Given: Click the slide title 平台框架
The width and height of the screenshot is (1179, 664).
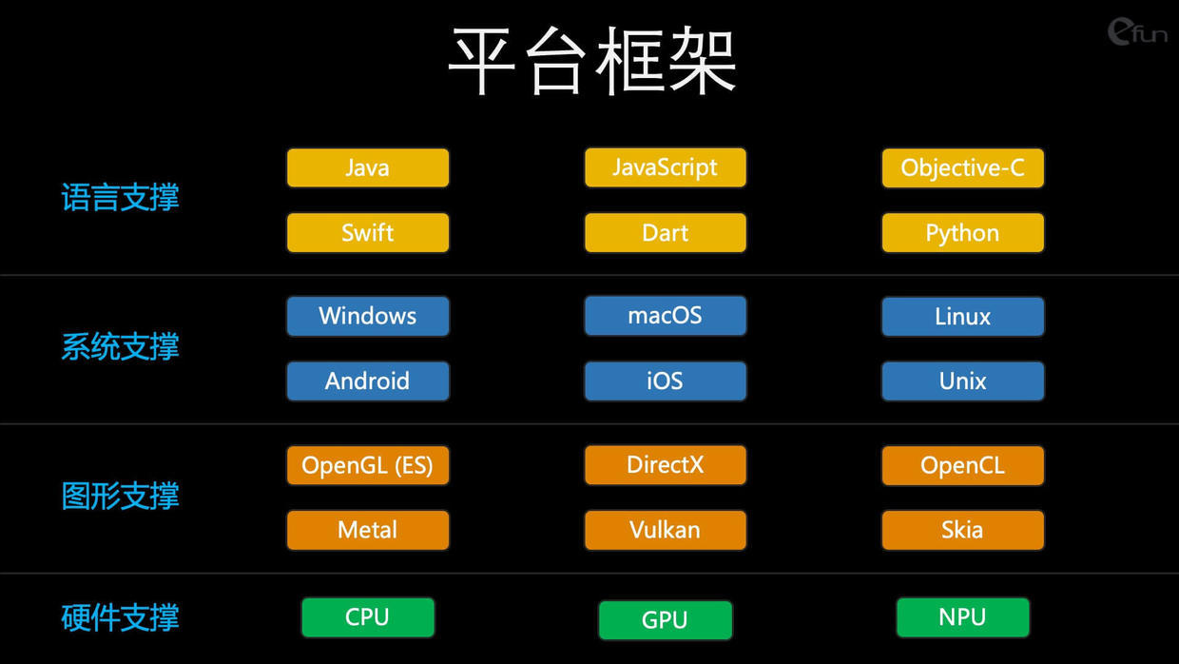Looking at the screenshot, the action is [x=591, y=61].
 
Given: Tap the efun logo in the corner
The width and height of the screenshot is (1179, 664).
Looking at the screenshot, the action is [x=1137, y=31].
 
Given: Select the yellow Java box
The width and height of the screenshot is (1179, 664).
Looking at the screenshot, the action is [x=368, y=168].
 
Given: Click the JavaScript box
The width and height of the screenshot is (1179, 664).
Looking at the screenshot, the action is [x=666, y=167].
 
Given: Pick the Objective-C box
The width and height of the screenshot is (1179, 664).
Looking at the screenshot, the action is [x=962, y=168].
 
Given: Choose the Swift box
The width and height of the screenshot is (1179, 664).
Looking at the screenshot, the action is [x=368, y=233].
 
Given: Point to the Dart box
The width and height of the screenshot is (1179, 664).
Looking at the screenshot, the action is [x=666, y=233].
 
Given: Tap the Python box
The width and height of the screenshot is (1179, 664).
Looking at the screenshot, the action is [x=962, y=233].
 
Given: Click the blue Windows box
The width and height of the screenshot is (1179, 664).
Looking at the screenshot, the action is [x=368, y=317].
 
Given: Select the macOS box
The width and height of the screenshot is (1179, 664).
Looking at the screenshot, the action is [x=666, y=316].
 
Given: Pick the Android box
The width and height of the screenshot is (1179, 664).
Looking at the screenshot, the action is [x=368, y=381].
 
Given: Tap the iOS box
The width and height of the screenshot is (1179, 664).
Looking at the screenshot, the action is [x=666, y=381].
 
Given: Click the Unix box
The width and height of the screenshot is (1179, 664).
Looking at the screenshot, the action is [x=962, y=381].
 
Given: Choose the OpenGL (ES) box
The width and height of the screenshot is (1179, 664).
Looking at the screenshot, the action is [x=368, y=465].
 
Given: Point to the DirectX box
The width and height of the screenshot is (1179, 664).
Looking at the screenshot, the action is [x=666, y=465].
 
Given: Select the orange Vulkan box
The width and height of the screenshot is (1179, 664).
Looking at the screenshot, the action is [x=666, y=530].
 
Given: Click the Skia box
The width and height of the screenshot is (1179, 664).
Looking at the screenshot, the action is [x=962, y=530].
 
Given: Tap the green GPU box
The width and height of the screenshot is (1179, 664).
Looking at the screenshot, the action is [x=666, y=620].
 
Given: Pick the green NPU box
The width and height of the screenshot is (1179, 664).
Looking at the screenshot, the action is [x=962, y=617].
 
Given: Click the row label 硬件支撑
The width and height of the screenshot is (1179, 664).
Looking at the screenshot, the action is [x=120, y=617].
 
